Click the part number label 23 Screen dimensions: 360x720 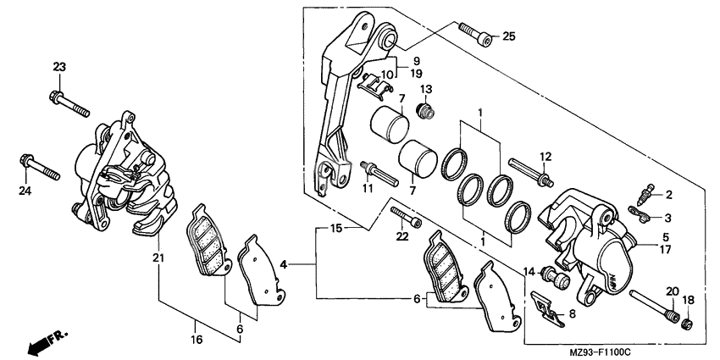point(58,67)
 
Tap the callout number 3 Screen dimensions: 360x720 point(668,218)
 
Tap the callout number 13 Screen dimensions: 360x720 point(425,89)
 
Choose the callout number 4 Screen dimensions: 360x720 point(285,265)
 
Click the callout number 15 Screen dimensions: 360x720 point(335,229)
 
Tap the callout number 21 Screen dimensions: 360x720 point(157,258)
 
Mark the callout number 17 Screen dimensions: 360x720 point(666,250)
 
